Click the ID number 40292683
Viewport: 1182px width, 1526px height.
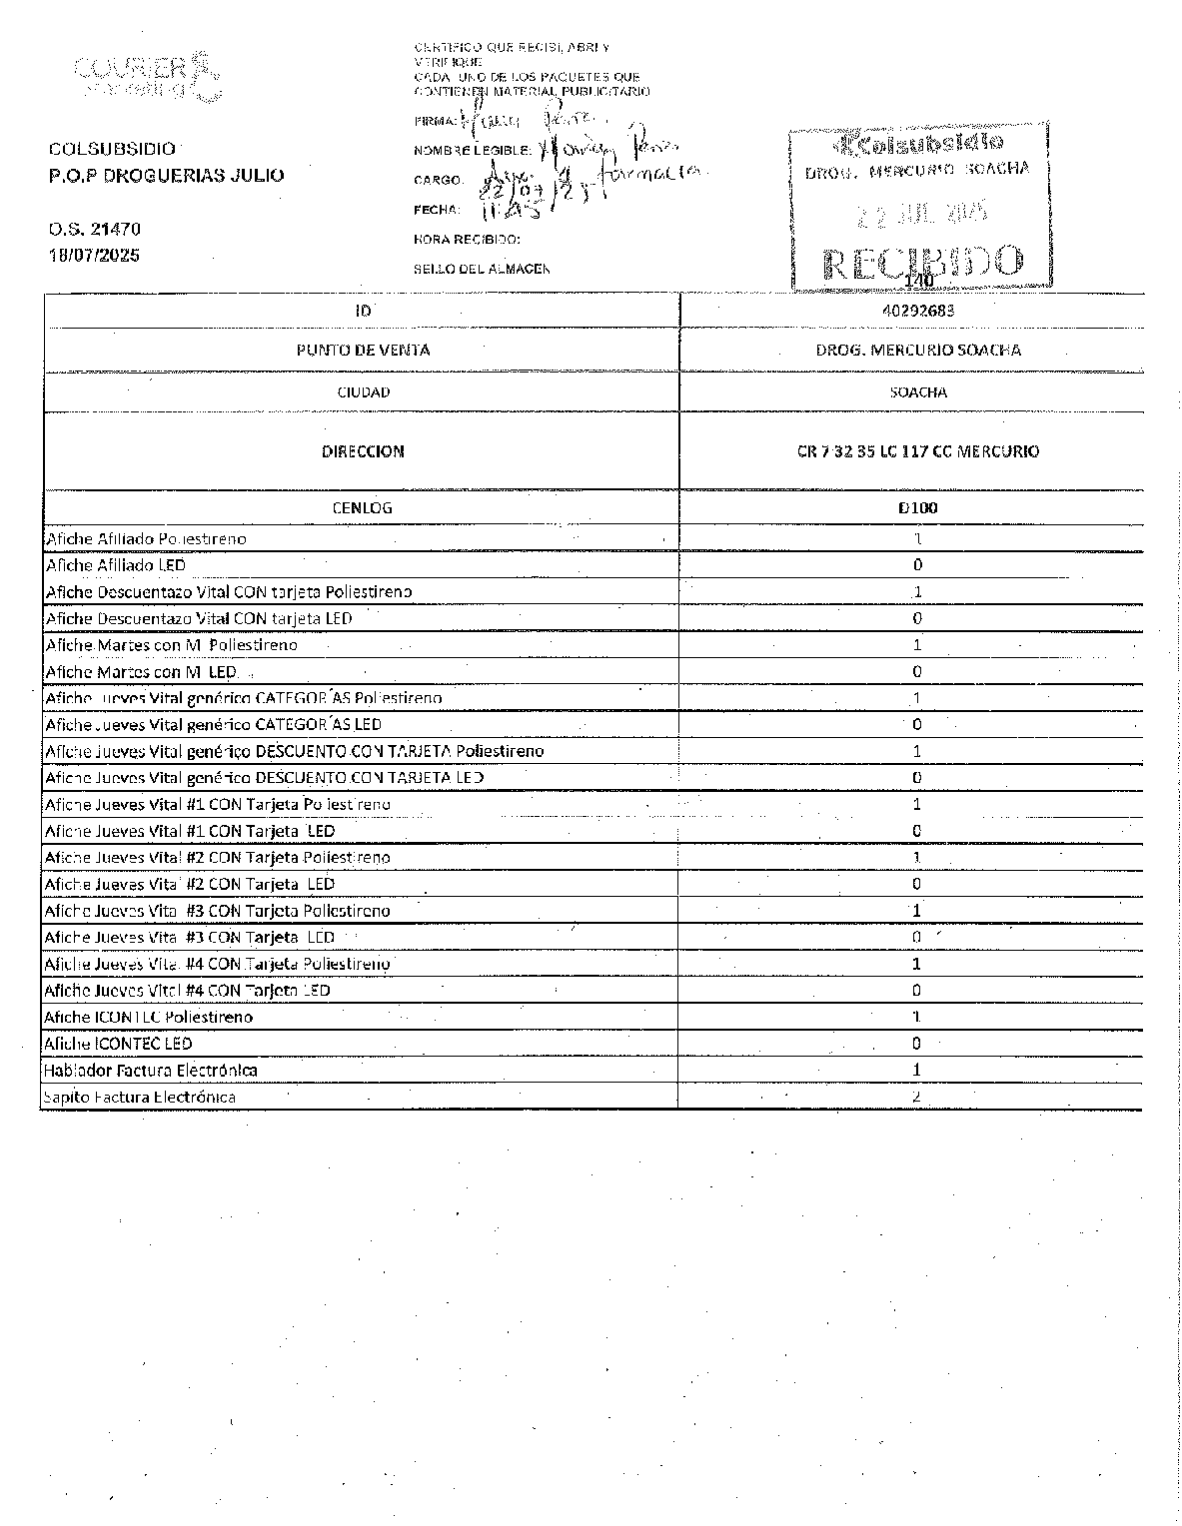(x=918, y=311)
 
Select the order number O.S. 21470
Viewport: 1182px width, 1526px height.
(x=95, y=230)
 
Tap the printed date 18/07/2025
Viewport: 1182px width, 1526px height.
(x=95, y=256)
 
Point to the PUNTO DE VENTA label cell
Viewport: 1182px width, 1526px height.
(x=363, y=351)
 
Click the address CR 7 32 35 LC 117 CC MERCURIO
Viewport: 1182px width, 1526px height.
(x=917, y=451)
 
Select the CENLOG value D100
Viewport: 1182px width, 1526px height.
(x=917, y=508)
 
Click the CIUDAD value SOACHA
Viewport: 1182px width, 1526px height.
(x=918, y=392)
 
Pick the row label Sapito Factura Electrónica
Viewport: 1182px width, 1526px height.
(x=139, y=1098)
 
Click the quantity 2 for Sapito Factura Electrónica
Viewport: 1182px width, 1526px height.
(x=916, y=1097)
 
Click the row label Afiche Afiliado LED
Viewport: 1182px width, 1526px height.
(x=116, y=565)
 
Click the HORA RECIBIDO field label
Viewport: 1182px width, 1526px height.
(x=467, y=240)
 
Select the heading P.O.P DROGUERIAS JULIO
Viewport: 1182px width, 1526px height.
(x=166, y=176)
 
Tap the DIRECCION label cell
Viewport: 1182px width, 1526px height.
(x=363, y=451)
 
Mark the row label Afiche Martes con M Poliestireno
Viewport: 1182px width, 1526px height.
(x=171, y=645)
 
